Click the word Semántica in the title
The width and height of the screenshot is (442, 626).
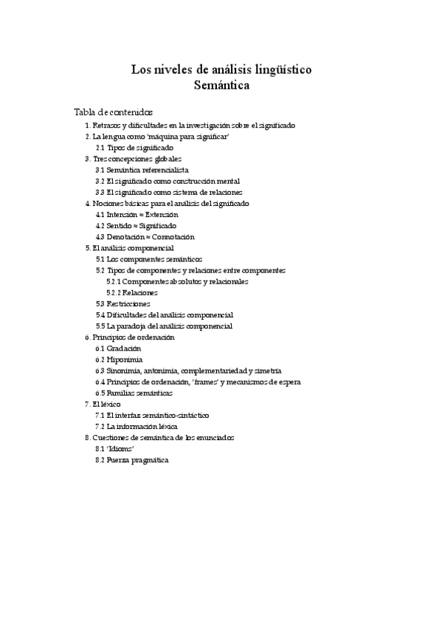[x=221, y=86]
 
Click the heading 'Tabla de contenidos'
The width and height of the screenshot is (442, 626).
[x=114, y=111]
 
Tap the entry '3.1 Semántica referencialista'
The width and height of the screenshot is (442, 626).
[x=142, y=170]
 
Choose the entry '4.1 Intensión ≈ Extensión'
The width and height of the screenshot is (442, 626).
[x=137, y=214]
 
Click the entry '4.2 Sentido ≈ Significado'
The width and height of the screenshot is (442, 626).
[x=135, y=225]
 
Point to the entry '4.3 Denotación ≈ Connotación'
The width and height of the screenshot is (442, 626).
[x=145, y=236]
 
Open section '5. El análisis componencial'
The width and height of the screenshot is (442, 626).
[x=129, y=248]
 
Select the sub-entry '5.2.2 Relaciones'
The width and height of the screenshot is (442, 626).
[x=132, y=292]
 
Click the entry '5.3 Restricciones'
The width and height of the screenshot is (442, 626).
[x=122, y=303]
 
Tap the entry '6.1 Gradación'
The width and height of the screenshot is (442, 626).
[x=118, y=348]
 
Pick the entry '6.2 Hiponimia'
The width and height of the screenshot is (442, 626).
[x=119, y=359]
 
